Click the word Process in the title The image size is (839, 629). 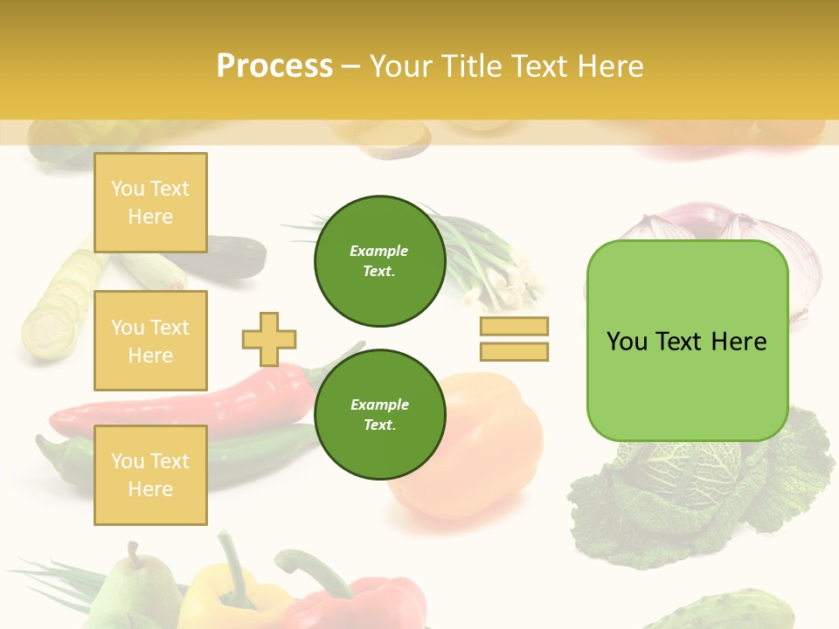[274, 66]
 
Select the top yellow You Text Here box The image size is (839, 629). [150, 203]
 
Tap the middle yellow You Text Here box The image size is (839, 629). [150, 341]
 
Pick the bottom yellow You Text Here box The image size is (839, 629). [150, 475]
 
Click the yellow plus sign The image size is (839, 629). [269, 339]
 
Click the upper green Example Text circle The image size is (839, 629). [379, 261]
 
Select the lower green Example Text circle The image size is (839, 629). [379, 415]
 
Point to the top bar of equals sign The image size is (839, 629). [514, 326]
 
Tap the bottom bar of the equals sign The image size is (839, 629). [514, 351]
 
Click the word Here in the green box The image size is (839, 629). [738, 342]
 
